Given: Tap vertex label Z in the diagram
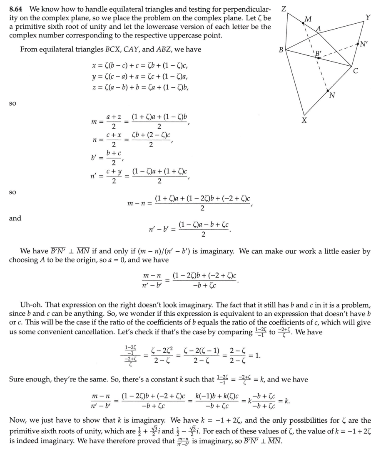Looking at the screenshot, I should coord(284,9).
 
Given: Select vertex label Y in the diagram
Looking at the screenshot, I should coord(368,17).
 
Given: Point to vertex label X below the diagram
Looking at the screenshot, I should coord(305,121).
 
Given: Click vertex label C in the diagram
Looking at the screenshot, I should coord(355,71).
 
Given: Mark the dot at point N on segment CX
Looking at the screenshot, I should coord(328,91).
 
